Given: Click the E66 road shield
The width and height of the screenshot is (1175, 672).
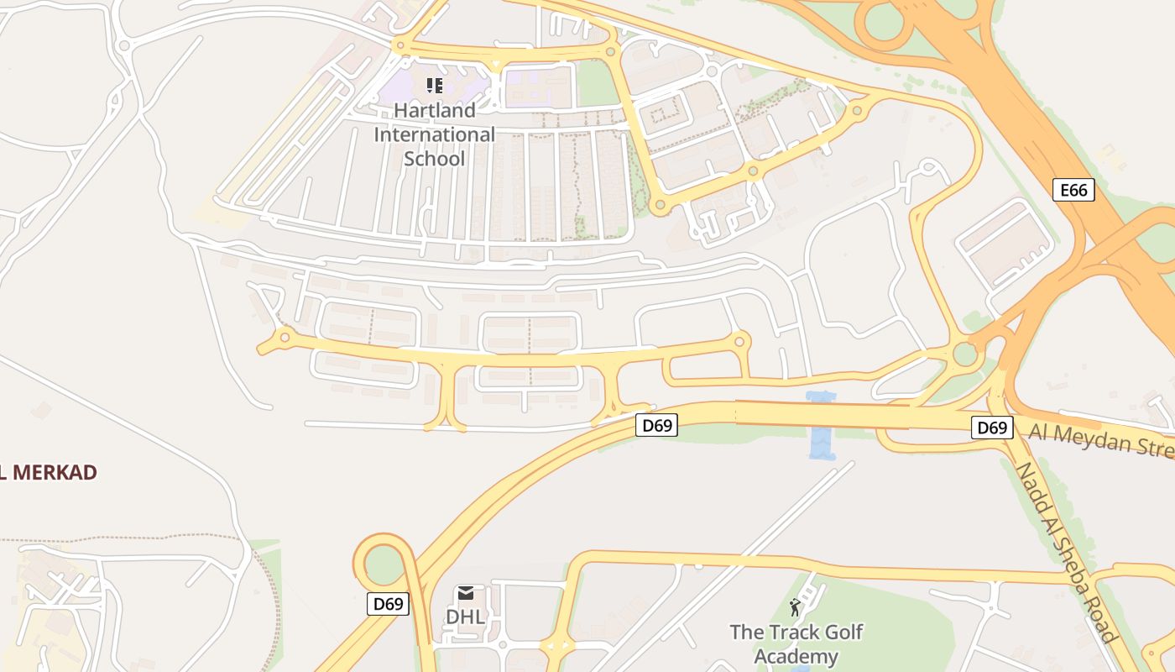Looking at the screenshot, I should (1073, 191).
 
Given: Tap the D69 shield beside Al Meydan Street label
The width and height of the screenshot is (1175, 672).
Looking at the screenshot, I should (991, 428).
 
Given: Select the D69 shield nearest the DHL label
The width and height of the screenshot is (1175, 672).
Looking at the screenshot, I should (388, 603).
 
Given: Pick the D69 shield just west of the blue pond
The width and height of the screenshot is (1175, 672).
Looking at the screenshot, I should (656, 425).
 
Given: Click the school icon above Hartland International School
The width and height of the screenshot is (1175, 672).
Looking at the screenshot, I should (434, 86).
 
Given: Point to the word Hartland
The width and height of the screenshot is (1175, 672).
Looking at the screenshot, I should (434, 110).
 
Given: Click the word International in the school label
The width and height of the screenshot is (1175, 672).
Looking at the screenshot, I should (434, 134).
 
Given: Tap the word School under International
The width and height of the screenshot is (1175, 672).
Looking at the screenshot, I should (434, 159).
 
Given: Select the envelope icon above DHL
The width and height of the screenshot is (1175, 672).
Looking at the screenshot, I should (465, 594).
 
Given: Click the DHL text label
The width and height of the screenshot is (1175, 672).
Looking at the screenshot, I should (465, 617).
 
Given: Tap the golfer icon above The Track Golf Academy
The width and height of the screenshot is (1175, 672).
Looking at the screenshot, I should (795, 607).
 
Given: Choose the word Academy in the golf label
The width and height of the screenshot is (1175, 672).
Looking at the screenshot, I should (796, 656).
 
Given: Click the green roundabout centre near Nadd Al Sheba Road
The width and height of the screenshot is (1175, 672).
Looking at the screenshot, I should (965, 354).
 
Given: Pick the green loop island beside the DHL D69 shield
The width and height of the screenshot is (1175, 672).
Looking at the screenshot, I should (384, 564).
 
